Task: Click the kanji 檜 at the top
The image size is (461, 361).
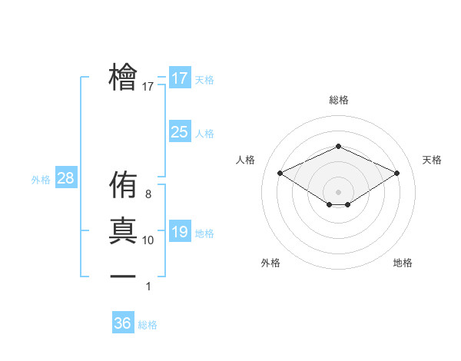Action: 123,78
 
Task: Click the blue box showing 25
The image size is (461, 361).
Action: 179,132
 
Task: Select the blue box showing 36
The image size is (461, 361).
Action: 123,323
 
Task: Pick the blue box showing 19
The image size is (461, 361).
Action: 179,232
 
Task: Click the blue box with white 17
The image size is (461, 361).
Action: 179,78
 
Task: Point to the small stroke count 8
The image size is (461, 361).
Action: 148,195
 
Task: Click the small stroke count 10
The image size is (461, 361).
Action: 148,240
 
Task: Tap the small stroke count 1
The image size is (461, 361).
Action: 148,286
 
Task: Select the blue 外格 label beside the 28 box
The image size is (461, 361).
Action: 41,180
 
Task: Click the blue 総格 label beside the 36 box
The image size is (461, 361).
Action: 148,325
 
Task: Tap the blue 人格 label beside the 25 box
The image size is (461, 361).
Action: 204,134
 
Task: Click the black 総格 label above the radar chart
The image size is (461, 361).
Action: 338,100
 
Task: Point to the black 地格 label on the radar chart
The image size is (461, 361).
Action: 403,263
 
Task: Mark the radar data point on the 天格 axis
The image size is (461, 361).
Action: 397,173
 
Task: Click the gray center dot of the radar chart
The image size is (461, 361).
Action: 338,190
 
